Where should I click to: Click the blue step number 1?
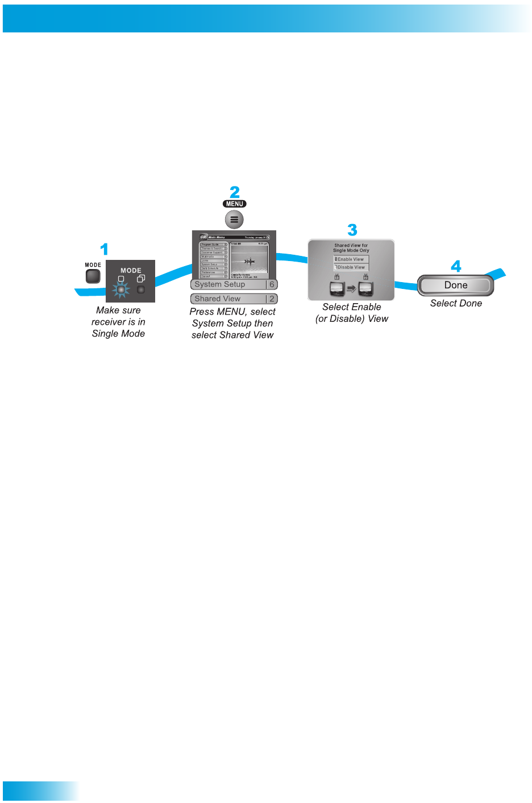104,249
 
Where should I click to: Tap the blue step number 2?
235,192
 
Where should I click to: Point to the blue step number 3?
352,230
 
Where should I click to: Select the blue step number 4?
456,266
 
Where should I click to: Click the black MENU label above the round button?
235,204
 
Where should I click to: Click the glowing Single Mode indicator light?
120,289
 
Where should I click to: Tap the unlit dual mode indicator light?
141,289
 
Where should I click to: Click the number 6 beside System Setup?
272,284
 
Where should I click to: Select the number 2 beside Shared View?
272,299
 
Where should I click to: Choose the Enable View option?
351,259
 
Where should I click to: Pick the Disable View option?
351,267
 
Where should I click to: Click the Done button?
456,285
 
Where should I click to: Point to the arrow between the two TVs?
351,288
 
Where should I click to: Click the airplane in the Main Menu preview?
249,262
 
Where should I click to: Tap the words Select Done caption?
456,304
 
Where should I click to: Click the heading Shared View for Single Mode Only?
351,248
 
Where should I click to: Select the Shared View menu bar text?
218,299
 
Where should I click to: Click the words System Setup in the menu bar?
220,284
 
